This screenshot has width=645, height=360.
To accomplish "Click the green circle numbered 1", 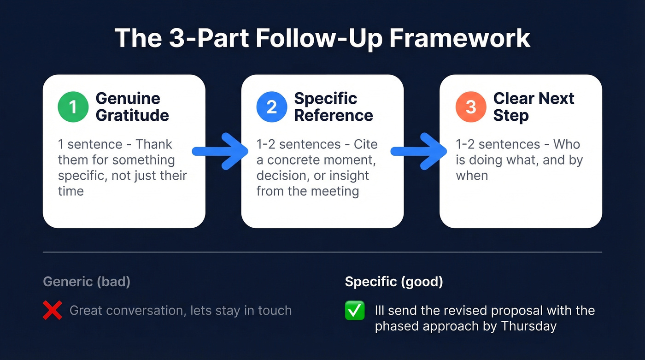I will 73,107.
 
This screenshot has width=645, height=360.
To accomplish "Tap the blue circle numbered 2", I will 272,107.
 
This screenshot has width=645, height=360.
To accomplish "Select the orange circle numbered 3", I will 470,107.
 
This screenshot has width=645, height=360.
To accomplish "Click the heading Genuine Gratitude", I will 132,107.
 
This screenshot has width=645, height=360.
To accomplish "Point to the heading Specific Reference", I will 333,107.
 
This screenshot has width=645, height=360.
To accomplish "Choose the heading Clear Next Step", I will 533,107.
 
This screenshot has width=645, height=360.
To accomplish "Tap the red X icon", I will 53,310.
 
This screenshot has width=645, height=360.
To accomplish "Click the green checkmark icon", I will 355,310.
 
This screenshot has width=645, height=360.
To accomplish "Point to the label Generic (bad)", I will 87,282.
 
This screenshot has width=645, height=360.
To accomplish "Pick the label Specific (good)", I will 394,282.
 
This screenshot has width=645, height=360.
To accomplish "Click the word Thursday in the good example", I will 529,326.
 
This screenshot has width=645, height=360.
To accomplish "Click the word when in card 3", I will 472,176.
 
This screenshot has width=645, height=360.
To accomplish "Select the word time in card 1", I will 70,191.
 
